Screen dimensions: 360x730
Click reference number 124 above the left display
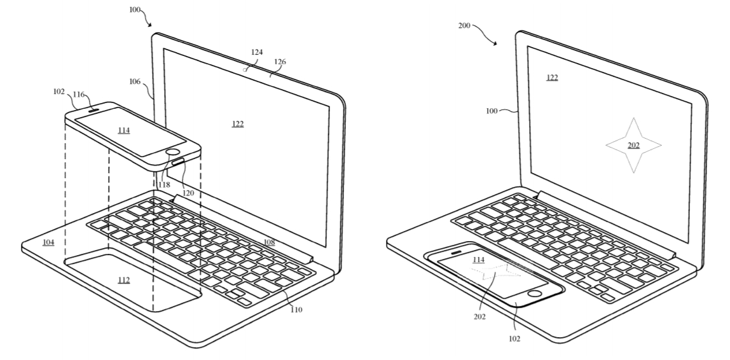257,52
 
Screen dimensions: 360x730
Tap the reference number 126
280,62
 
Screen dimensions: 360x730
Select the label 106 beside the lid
135,81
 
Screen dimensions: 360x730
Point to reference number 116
79,94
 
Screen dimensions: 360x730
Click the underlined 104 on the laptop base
48,242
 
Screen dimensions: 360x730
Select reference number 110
296,310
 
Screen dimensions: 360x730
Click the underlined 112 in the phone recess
124,279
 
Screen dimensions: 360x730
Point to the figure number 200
465,25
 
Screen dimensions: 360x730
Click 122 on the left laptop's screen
238,123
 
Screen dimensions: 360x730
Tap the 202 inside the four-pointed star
633,145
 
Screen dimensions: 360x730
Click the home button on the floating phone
172,153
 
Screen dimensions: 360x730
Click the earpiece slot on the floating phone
91,109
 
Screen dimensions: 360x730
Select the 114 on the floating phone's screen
123,130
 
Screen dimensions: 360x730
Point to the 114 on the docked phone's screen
478,260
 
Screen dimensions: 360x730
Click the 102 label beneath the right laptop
514,338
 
